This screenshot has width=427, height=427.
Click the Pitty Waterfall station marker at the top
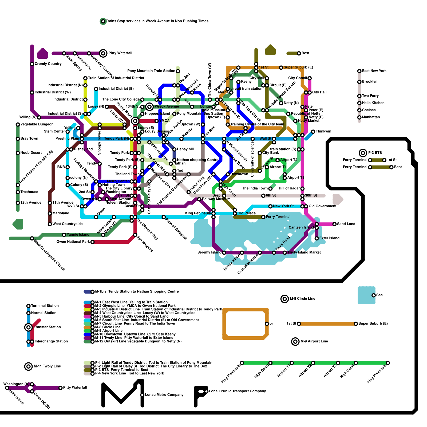103,53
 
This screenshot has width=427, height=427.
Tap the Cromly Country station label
48,64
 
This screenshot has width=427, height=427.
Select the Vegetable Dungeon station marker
18,124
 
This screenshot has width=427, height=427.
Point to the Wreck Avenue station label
167,106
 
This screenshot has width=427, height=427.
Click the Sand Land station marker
334,224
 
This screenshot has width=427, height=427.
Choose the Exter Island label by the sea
329,238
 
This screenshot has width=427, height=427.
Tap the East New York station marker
359,71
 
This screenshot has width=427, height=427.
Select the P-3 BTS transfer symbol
363,153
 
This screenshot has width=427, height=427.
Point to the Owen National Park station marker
92,242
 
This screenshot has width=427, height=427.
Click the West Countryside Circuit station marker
32,238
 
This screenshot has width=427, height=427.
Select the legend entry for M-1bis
137,291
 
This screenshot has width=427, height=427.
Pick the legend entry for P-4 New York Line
129,373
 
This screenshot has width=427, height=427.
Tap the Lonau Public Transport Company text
237,391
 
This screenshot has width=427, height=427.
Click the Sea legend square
366,295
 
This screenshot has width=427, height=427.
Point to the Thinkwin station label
323,132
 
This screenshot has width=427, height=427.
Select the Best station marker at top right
299,53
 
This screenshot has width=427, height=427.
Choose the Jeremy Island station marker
224,253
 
